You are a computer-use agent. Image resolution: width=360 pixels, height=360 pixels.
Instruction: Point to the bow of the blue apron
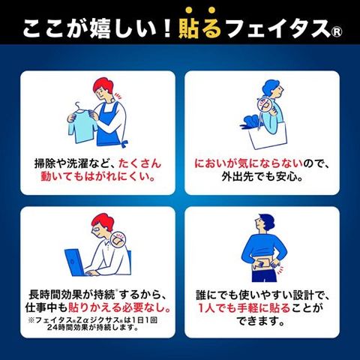(124, 143)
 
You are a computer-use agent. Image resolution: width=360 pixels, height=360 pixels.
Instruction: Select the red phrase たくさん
(140, 163)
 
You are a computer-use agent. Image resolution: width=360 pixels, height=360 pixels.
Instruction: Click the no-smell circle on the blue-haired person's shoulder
(264, 104)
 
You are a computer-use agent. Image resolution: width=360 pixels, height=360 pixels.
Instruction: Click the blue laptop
(76, 262)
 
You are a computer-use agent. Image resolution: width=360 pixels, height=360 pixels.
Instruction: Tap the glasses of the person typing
(97, 229)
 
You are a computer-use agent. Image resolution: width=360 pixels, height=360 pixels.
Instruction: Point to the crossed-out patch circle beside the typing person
(118, 239)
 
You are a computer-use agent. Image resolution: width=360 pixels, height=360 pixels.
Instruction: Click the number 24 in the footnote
(52, 327)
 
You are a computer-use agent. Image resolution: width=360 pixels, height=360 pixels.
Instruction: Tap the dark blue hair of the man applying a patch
(263, 219)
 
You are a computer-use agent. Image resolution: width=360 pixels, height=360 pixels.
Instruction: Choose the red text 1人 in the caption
(207, 307)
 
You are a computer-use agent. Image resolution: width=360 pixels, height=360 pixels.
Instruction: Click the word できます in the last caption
(259, 321)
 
